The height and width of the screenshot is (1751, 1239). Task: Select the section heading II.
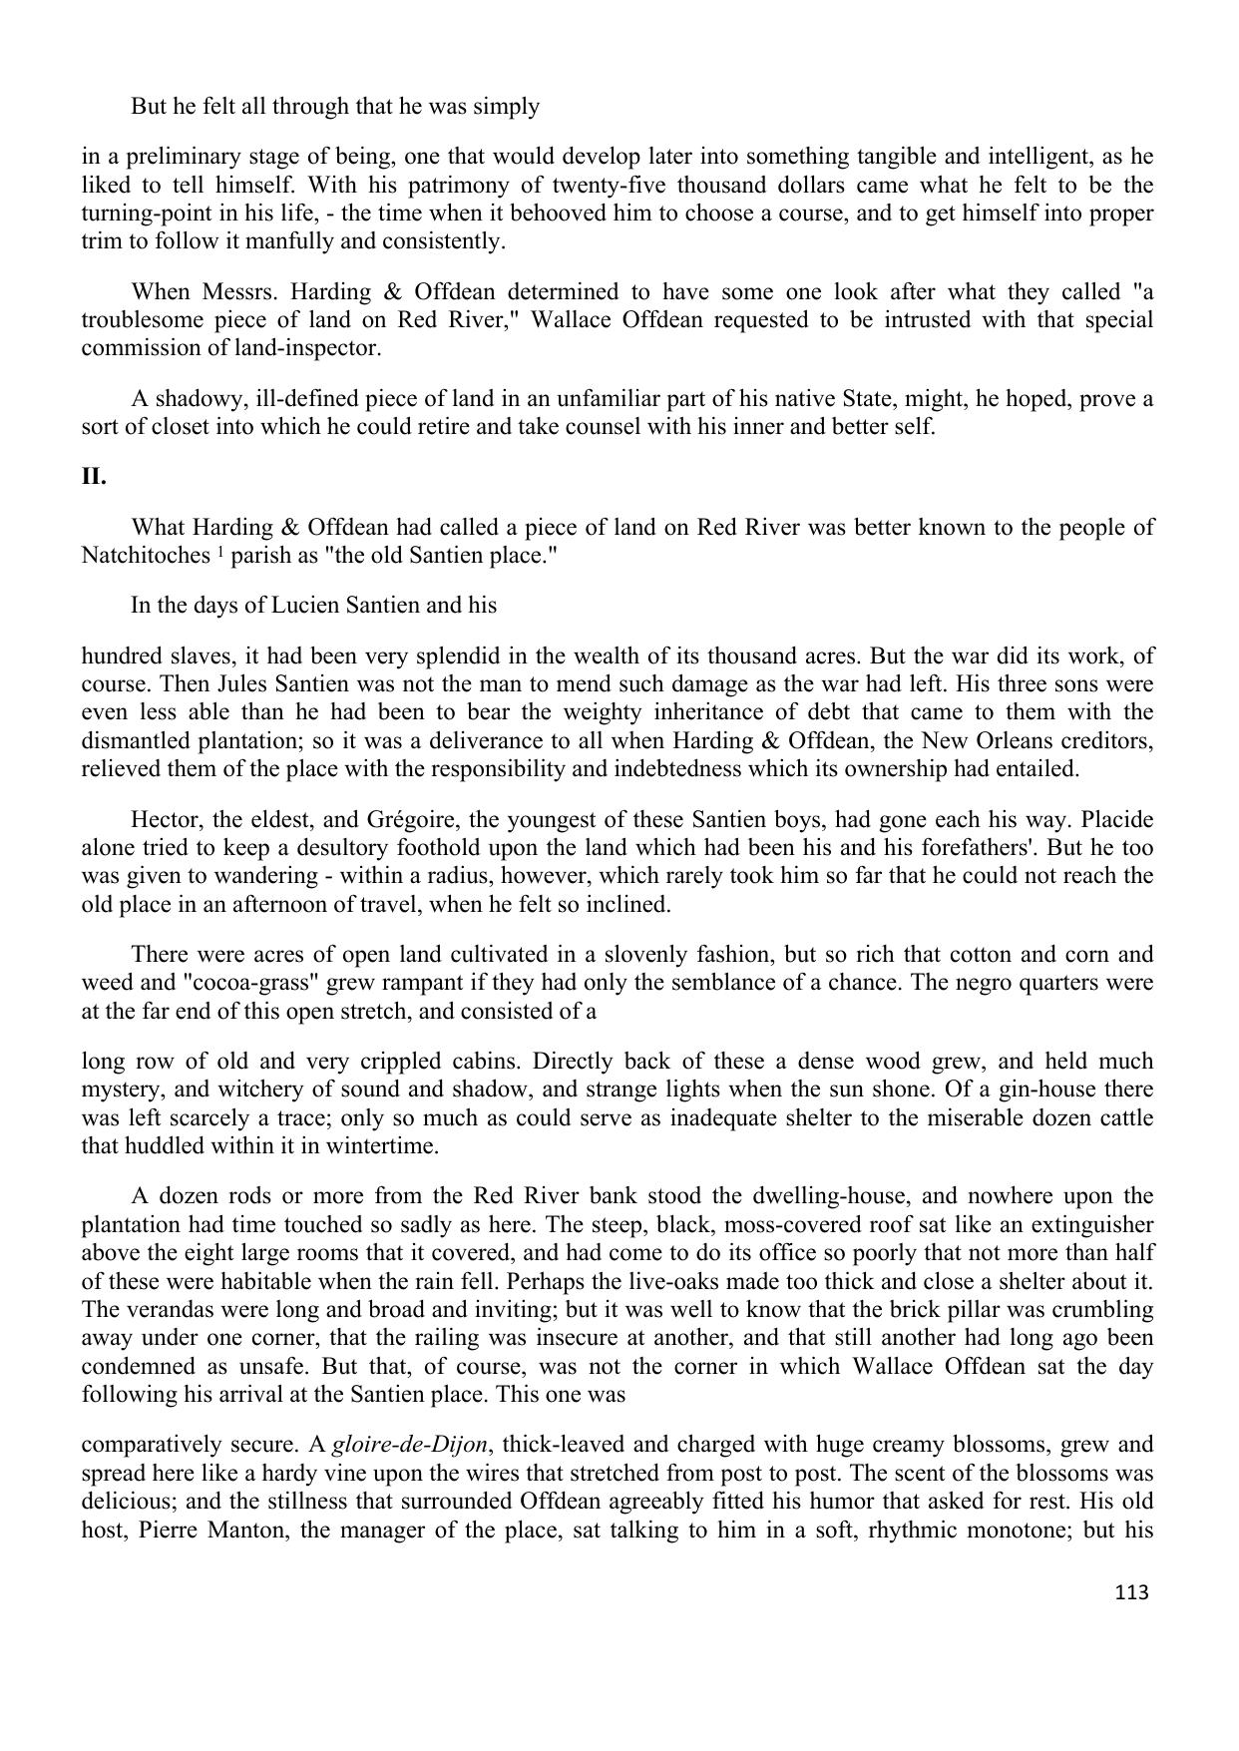click(x=94, y=477)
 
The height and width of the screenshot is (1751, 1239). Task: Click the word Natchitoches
click(x=145, y=556)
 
